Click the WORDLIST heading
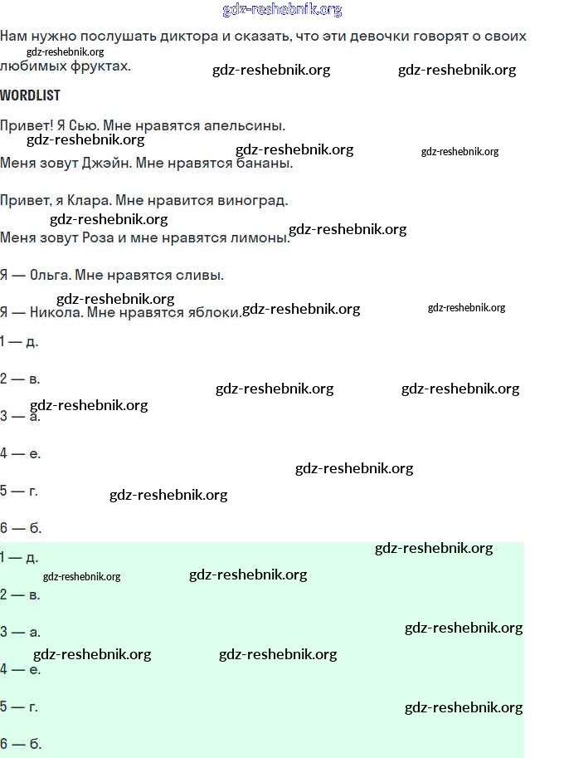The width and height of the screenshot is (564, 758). pyautogui.click(x=30, y=95)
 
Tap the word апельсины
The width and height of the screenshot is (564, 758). pyautogui.click(x=248, y=125)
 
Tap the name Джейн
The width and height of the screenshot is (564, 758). pyautogui.click(x=106, y=164)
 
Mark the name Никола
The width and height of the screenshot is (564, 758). pyautogui.click(x=55, y=313)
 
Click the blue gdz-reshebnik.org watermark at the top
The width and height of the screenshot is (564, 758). pyautogui.click(x=282, y=10)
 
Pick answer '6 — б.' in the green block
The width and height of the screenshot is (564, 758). pyautogui.click(x=21, y=744)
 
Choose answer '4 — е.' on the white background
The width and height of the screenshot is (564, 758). pyautogui.click(x=21, y=453)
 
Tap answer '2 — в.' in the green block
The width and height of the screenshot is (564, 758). pyautogui.click(x=21, y=594)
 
